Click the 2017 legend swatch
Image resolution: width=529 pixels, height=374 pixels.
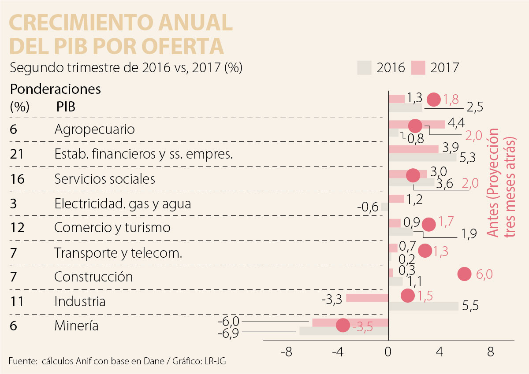tap(418, 67)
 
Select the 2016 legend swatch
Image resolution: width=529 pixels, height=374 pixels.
tap(364, 67)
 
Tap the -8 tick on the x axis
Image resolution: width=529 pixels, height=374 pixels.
tap(287, 352)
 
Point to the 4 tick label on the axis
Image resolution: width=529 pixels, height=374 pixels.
tap(439, 352)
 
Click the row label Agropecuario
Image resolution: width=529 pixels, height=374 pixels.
tap(94, 130)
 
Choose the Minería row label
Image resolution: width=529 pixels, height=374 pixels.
tap(76, 326)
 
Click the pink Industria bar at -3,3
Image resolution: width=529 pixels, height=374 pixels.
tap(367, 298)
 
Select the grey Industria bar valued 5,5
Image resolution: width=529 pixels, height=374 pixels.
tap(423, 306)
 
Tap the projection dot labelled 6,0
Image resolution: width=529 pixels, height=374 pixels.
tap(465, 274)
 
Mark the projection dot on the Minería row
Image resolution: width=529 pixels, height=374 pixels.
tap(343, 326)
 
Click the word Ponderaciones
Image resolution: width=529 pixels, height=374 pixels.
tap(56, 89)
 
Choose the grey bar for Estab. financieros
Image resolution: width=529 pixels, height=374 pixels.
tap(422, 157)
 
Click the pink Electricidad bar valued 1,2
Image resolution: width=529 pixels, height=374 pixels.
tap(396, 199)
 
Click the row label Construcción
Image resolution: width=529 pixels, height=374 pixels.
tap(93, 277)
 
